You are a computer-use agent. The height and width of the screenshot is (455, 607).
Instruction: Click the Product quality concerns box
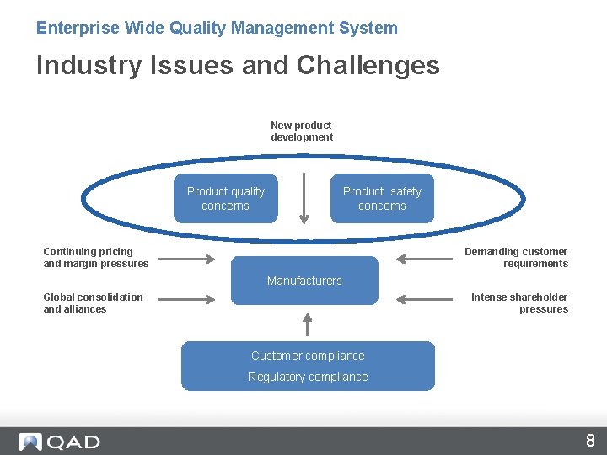pyautogui.click(x=225, y=199)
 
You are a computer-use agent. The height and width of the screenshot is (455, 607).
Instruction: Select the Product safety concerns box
pyautogui.click(x=382, y=199)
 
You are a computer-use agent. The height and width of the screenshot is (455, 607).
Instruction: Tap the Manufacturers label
pyautogui.click(x=304, y=281)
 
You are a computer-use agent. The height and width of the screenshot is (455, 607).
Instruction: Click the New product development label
pyautogui.click(x=302, y=131)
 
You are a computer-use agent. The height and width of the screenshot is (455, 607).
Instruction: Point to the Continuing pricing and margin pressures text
pyautogui.click(x=95, y=258)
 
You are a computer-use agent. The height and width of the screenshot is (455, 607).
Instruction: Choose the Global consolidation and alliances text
pyautogui.click(x=93, y=303)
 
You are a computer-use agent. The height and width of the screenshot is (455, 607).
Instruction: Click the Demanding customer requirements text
pyautogui.click(x=517, y=258)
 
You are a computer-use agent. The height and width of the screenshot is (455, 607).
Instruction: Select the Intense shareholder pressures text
pyautogui.click(x=519, y=303)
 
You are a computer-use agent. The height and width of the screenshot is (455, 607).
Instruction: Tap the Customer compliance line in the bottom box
pyautogui.click(x=308, y=356)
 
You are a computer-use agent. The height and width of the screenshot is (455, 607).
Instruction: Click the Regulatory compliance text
pyautogui.click(x=308, y=377)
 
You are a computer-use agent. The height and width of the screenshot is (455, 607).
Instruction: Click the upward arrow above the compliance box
pyautogui.click(x=308, y=324)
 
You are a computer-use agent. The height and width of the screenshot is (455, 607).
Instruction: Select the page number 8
pyautogui.click(x=590, y=441)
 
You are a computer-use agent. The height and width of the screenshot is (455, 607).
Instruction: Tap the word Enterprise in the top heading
pyautogui.click(x=78, y=28)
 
